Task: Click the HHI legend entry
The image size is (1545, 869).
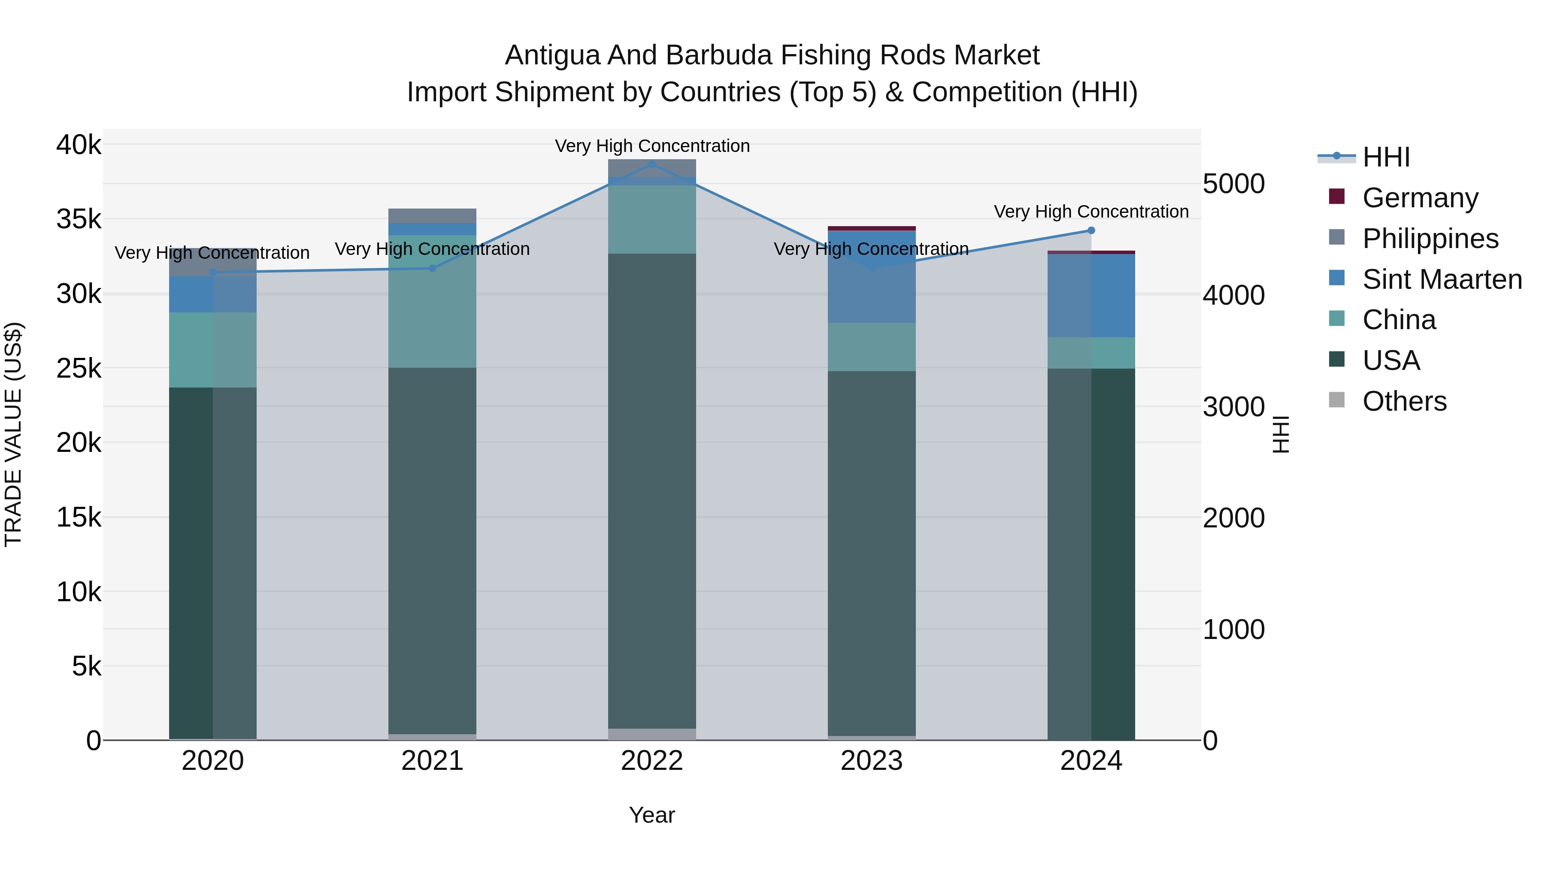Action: point(1385,157)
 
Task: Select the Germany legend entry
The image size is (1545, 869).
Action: point(1420,197)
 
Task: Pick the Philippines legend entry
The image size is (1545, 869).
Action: point(1430,238)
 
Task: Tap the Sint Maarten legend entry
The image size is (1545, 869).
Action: point(1442,279)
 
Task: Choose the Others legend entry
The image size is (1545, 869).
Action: point(1404,401)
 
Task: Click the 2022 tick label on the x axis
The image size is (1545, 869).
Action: point(652,761)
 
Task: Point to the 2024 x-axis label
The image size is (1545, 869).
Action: point(1091,761)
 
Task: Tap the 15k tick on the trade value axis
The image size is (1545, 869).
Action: point(79,517)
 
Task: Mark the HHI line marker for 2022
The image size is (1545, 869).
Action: point(652,164)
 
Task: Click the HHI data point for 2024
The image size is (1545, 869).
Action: point(1091,230)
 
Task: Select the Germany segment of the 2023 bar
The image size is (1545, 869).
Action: point(872,228)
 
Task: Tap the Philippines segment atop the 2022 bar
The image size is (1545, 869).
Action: point(652,168)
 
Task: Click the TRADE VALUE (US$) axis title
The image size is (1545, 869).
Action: point(14,434)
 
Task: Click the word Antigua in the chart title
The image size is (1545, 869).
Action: point(552,55)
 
